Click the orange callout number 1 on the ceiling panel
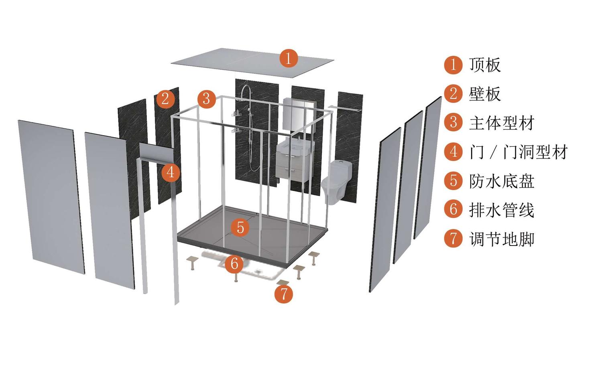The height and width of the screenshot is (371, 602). pos(289,58)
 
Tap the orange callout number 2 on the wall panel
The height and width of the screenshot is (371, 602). pos(165,99)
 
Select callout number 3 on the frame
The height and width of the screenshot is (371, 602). pos(206,99)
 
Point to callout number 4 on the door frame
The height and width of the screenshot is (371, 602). pos(171,172)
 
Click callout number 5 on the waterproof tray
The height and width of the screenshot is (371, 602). pos(240,227)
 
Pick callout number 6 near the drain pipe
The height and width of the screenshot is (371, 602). pos(234,263)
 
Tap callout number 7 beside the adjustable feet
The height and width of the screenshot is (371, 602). pos(283,294)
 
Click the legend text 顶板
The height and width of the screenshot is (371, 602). pos(485,65)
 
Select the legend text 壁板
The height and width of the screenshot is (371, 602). pos(485,94)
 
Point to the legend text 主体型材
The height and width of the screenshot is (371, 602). pos(502,123)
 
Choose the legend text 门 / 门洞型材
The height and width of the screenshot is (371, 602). pos(519,152)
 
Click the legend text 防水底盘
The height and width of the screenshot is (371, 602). pos(502,181)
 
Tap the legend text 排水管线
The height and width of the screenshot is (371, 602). pos(502,210)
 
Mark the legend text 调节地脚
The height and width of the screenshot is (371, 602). pos(502,239)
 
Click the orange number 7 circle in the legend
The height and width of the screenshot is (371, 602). pos(453,239)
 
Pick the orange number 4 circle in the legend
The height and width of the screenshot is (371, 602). pos(453,152)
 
